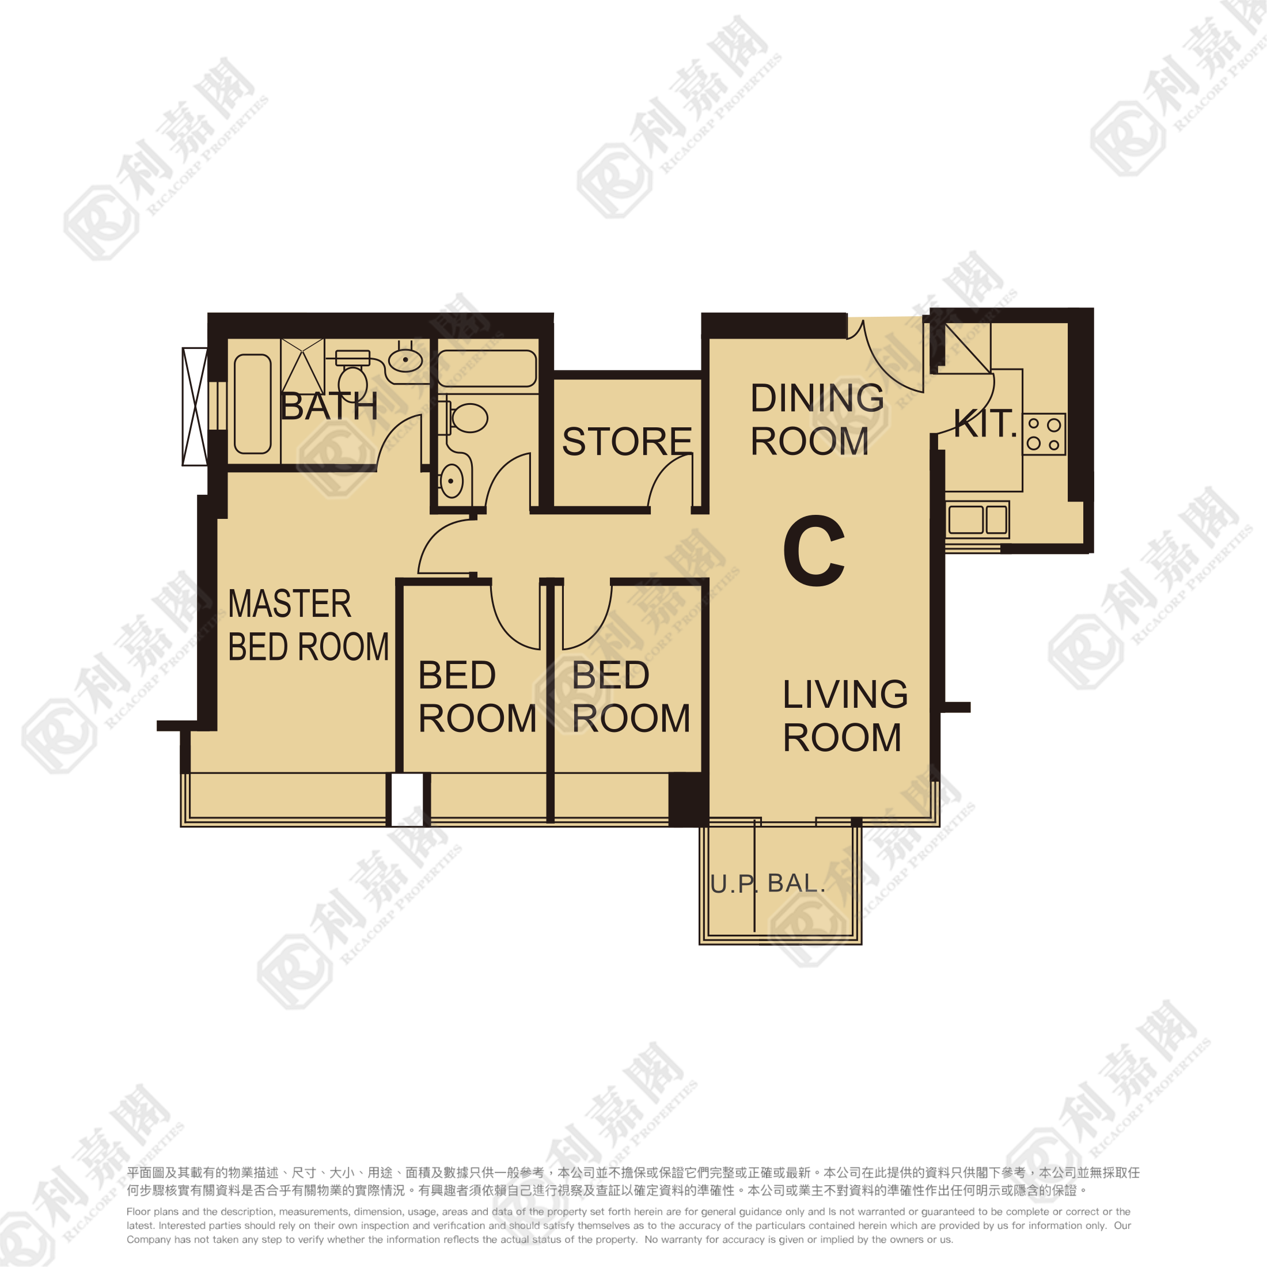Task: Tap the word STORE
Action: tap(627, 441)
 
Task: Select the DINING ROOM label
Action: tap(817, 419)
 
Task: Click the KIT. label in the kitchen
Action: tap(985, 424)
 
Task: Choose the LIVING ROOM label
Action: tap(845, 715)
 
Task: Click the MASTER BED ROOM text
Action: tap(308, 625)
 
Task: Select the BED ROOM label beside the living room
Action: tap(631, 696)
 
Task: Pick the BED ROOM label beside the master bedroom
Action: tap(477, 696)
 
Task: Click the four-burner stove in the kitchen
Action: tap(1044, 434)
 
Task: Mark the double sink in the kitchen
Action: tap(977, 520)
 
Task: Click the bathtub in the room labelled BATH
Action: tap(252, 404)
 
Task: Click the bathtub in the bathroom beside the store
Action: tap(487, 368)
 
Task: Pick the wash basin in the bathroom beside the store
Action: tap(451, 481)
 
